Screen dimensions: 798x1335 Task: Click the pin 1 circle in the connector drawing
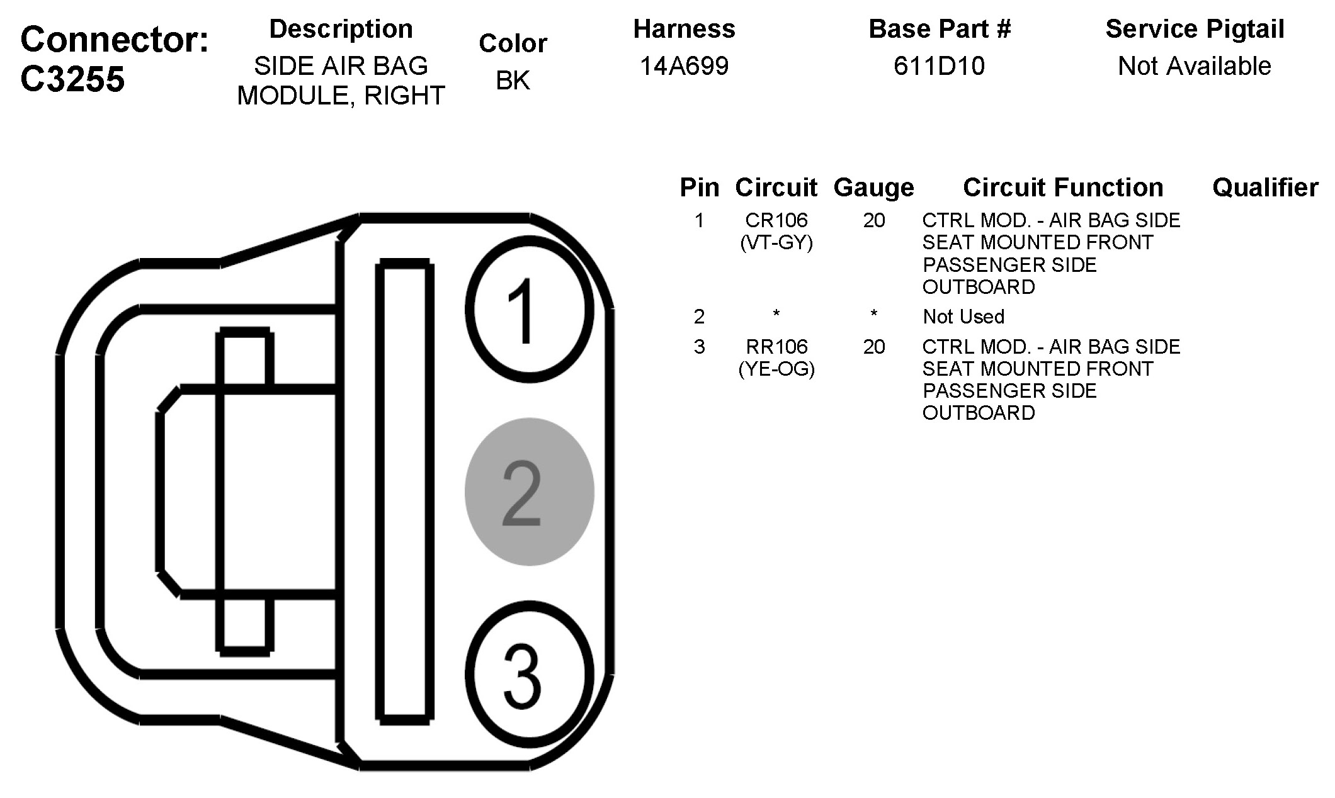pyautogui.click(x=530, y=310)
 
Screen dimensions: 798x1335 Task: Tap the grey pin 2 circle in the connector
pyautogui.click(x=530, y=492)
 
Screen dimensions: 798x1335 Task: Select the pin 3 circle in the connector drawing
pyautogui.click(x=530, y=674)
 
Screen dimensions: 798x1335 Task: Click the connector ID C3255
pyautogui.click(x=73, y=79)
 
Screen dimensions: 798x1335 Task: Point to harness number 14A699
pyautogui.click(x=684, y=66)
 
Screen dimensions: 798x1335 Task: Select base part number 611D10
pyautogui.click(x=939, y=66)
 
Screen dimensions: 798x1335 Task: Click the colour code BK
pyautogui.click(x=513, y=81)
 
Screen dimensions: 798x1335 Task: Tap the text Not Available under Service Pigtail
pyautogui.click(x=1194, y=66)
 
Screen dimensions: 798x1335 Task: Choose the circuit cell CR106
pyautogui.click(x=776, y=220)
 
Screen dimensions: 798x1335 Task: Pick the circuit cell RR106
pyautogui.click(x=776, y=347)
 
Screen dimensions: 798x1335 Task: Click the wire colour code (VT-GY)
pyautogui.click(x=776, y=242)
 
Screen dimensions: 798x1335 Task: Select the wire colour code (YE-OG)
pyautogui.click(x=776, y=369)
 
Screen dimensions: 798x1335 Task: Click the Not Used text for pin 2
pyautogui.click(x=963, y=317)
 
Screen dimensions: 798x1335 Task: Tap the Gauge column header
pyautogui.click(x=873, y=188)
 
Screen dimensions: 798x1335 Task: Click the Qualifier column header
pyautogui.click(x=1265, y=188)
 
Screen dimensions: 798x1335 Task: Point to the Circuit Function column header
pyautogui.click(x=1063, y=188)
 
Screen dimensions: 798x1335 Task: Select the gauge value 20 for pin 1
pyautogui.click(x=874, y=220)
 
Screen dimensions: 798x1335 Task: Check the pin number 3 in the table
pyautogui.click(x=699, y=347)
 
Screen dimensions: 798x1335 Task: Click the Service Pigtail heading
pyautogui.click(x=1195, y=29)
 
